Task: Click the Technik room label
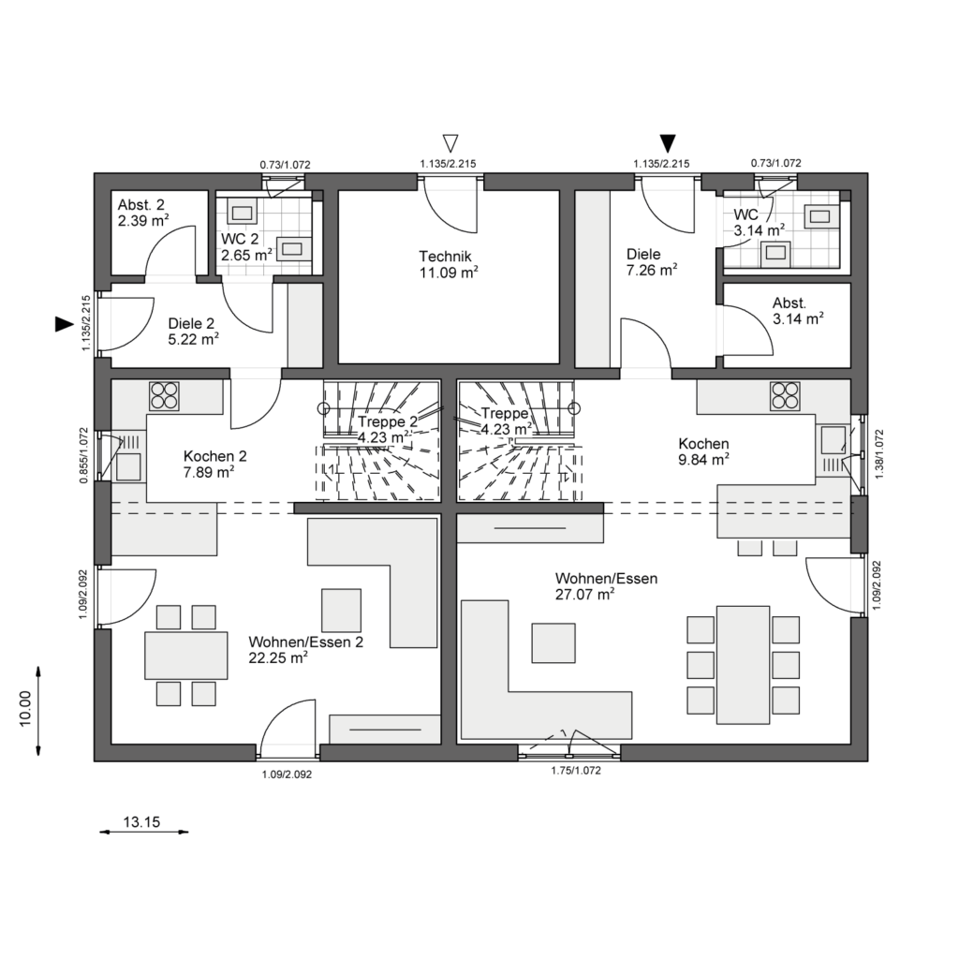click(445, 257)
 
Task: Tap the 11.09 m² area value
click(449, 273)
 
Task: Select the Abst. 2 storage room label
click(141, 205)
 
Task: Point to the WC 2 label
click(240, 239)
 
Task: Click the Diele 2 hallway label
click(191, 323)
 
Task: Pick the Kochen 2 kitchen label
click(215, 456)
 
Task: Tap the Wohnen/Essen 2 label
click(306, 642)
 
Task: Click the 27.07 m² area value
click(584, 594)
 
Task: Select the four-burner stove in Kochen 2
click(165, 396)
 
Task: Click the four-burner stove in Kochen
click(786, 395)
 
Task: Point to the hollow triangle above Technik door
click(450, 143)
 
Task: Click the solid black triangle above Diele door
click(669, 143)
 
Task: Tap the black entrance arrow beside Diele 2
click(65, 324)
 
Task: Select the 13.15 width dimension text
click(142, 822)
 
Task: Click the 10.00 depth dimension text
click(25, 709)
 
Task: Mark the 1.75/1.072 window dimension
click(576, 771)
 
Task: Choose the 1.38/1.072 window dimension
click(879, 454)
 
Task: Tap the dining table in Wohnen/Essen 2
click(186, 656)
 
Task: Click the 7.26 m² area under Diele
click(652, 270)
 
